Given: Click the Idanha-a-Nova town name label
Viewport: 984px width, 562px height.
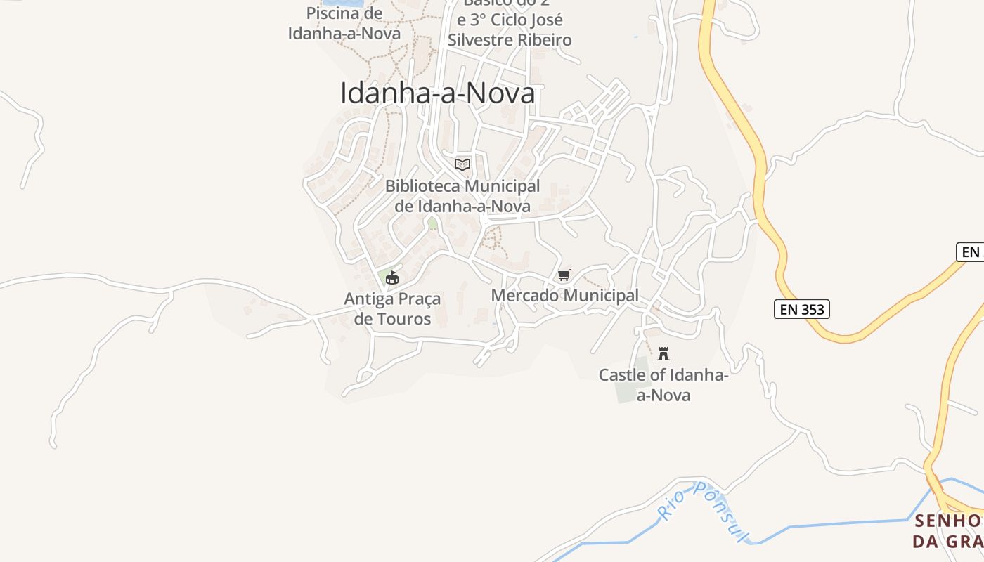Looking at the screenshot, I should pos(437,93).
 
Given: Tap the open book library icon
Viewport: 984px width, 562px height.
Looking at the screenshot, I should pos(462,164).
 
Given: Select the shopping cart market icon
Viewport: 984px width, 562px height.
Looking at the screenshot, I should pos(564,275).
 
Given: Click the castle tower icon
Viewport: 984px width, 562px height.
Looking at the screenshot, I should pos(663,353).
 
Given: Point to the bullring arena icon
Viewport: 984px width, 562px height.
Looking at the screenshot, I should pos(391,278).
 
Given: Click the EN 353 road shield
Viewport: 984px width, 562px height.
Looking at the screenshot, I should pos(801,309).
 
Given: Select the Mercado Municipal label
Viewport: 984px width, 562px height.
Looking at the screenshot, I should pos(564,296).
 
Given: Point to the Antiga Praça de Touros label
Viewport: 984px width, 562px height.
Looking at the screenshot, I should pos(392,309).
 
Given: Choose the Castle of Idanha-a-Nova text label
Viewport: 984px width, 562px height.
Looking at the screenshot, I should pos(663,385).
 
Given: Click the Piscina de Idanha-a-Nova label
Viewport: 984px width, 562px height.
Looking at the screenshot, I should pos(344,23).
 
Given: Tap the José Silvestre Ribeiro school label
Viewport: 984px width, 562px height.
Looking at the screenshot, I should pos(510,30).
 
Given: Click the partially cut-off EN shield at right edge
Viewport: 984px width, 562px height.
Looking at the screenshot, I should pos(970,251).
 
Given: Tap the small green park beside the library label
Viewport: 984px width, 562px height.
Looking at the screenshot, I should pos(432,224).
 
